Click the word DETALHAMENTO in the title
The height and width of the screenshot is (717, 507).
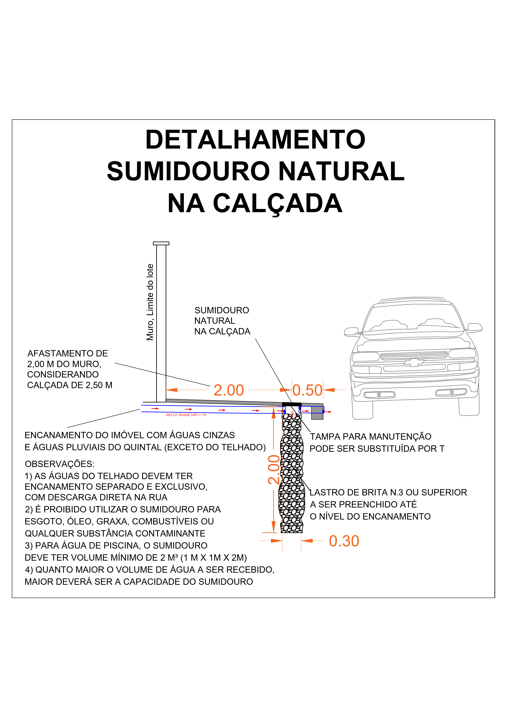[x=255, y=140]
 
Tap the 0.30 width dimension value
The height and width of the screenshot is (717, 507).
[x=344, y=541]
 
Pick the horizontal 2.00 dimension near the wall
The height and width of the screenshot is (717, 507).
[x=228, y=390]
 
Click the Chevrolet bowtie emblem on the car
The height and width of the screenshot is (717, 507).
[x=414, y=362]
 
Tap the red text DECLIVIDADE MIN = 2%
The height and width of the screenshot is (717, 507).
[x=186, y=415]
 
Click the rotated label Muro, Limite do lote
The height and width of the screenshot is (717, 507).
[x=150, y=302]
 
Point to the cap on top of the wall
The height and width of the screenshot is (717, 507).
[x=161, y=243]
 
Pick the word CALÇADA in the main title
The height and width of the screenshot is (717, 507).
[x=277, y=203]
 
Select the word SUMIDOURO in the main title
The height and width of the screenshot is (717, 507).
[x=188, y=171]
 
